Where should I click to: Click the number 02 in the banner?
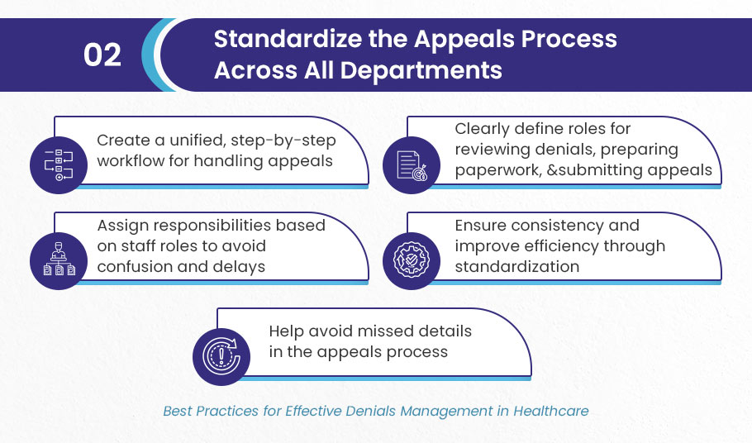(x=102, y=55)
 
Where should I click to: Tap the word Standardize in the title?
(x=288, y=39)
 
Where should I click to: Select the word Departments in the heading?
(x=421, y=70)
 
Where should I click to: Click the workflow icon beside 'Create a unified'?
(x=59, y=165)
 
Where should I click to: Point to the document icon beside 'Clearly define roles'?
(x=412, y=165)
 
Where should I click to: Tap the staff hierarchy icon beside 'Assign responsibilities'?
(x=59, y=261)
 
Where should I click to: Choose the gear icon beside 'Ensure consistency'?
(x=412, y=261)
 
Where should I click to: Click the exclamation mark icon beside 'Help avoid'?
(x=221, y=357)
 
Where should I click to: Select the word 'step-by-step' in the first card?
(x=283, y=141)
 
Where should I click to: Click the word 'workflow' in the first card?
(x=131, y=160)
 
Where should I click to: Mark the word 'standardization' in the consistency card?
(x=517, y=267)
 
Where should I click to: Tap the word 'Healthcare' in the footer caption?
(x=550, y=412)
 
